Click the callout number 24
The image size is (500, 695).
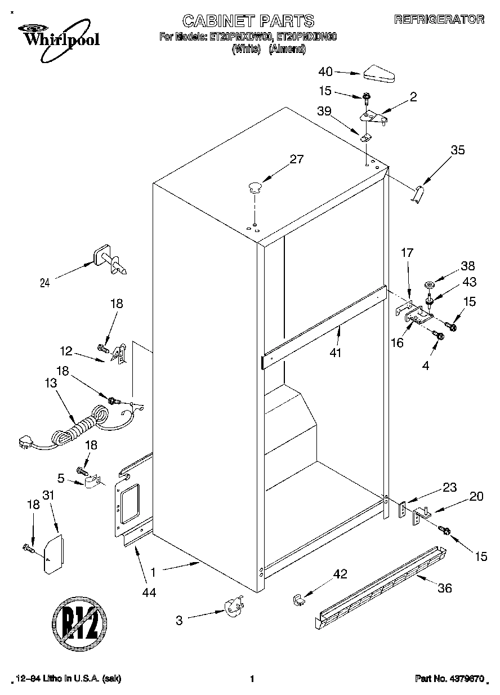[45, 283]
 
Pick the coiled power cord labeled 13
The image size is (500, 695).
[79, 427]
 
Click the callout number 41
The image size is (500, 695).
[337, 353]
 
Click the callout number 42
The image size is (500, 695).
[340, 574]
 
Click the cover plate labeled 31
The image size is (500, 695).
[53, 554]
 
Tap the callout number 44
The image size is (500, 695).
[149, 592]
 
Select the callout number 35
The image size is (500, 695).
[458, 150]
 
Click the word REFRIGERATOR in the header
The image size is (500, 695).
[439, 19]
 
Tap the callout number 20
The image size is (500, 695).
[476, 496]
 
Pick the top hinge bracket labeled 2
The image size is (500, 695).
[373, 117]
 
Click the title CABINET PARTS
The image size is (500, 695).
[248, 21]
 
